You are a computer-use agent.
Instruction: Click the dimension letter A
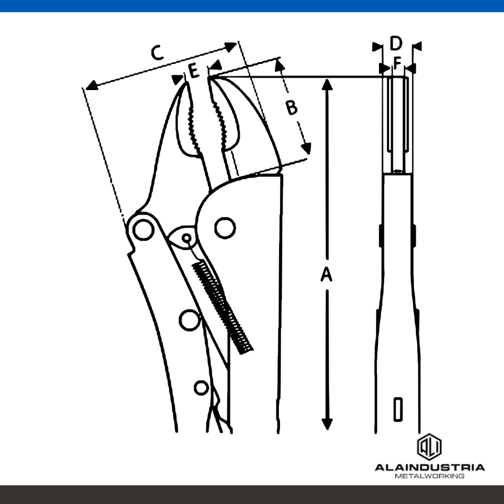point(326,275)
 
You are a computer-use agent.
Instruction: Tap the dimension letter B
point(292,107)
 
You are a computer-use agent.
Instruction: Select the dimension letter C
point(157,53)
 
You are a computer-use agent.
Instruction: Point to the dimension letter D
point(396,43)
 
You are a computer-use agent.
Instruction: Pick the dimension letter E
point(193,71)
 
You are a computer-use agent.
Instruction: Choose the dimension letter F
point(398,63)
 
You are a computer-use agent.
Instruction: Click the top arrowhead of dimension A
point(327,84)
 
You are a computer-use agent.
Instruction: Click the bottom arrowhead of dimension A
point(327,424)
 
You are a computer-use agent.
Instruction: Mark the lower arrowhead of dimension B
point(306,148)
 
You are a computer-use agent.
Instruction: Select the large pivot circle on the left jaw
point(143,230)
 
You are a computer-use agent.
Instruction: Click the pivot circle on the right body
point(225,228)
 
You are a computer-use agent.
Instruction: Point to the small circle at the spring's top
point(187,238)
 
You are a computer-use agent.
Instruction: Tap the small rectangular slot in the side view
point(398,409)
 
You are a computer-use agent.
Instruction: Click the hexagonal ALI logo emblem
point(429,447)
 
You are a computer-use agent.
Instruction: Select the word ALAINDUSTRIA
point(429,468)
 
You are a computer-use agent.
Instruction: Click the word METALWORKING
point(429,476)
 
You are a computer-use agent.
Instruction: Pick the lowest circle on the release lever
point(201,388)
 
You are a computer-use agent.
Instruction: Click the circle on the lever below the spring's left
point(189,320)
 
